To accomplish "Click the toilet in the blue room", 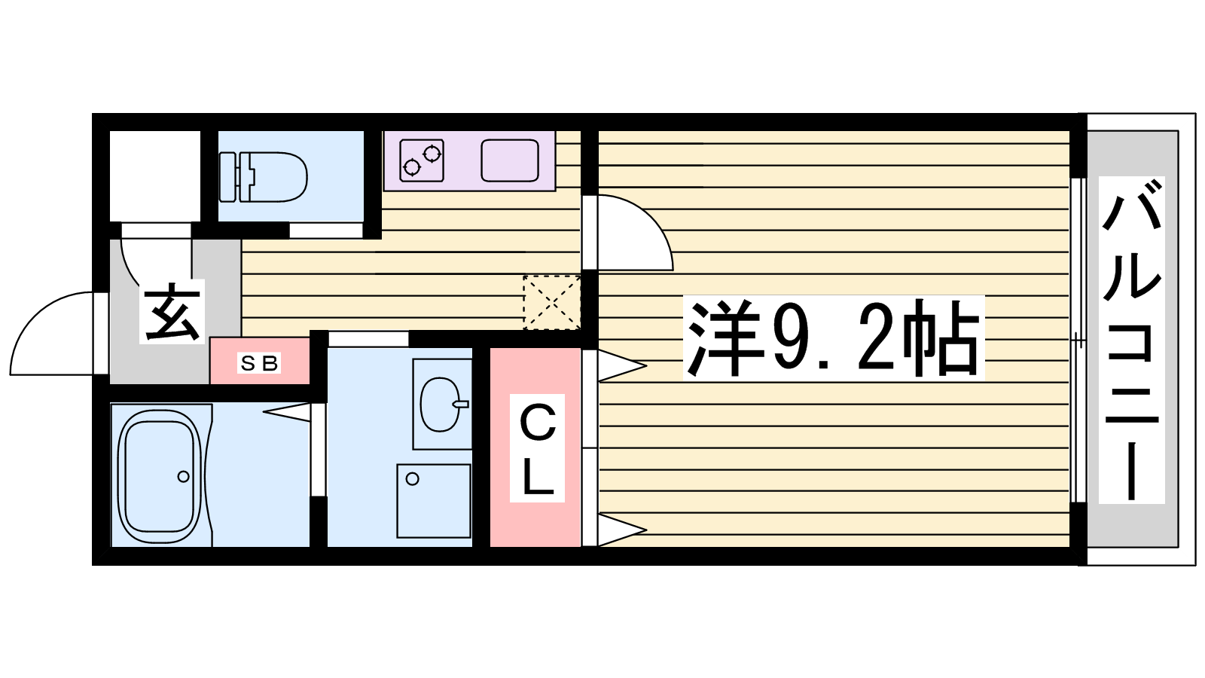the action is [263, 177].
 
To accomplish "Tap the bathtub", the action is [160, 475].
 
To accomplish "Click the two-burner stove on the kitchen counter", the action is [422, 160].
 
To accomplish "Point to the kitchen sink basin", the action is [509, 161].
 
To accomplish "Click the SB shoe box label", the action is [259, 363].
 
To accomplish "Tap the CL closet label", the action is [538, 447].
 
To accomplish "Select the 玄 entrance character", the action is [172, 312].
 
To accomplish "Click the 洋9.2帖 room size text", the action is [833, 338].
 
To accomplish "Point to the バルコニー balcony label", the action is [1131, 340].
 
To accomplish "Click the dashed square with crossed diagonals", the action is [552, 303].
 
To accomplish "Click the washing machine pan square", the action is [434, 500].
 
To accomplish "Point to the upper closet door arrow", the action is [622, 366].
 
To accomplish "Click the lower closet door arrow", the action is [622, 530].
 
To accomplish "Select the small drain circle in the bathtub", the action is [184, 476].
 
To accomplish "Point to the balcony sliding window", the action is [1077, 340].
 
